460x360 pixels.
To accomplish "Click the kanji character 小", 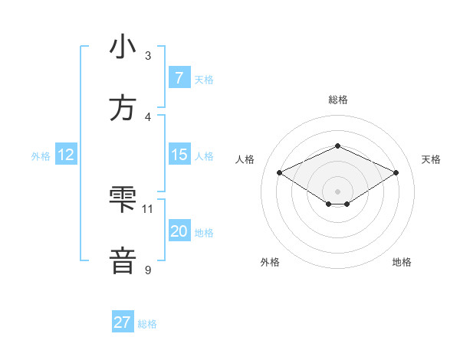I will click(123, 47).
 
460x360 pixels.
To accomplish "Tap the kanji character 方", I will click(123, 108).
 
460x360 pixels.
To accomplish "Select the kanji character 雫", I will click(123, 200).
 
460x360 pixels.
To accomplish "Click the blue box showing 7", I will click(179, 77).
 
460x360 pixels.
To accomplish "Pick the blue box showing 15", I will click(179, 155).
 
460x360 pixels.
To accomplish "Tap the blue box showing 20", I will click(179, 231).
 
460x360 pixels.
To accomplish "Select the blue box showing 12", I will click(65, 155).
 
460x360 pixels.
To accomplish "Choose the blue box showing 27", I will click(122, 322).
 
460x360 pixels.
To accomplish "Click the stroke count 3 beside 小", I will click(148, 55).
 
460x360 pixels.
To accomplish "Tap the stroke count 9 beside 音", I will click(148, 269).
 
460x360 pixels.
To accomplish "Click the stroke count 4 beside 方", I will click(148, 116).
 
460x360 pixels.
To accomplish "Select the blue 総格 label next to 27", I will click(147, 324).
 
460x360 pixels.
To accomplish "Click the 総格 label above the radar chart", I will click(337, 100).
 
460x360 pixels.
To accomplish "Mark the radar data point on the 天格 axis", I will click(396, 173).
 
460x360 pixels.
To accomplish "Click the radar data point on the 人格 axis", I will click(279, 173).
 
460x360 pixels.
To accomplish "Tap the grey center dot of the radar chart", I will click(337, 191).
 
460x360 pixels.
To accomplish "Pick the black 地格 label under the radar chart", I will click(402, 262).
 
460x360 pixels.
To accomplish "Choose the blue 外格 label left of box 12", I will click(41, 156).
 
